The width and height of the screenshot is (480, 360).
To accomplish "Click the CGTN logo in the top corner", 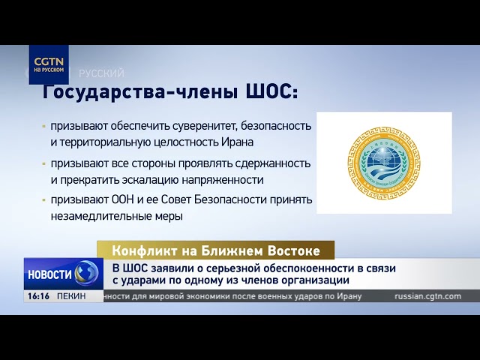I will pyautogui.click(x=49, y=64).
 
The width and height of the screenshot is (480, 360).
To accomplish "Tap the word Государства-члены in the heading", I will pyautogui.click(x=140, y=91).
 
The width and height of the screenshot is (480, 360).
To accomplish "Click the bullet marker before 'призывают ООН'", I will pyautogui.click(x=44, y=201).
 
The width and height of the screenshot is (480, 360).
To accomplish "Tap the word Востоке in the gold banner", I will pyautogui.click(x=292, y=250).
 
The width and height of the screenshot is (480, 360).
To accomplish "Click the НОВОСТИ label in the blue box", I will pyautogui.click(x=50, y=274).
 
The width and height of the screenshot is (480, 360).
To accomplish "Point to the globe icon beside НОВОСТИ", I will pyautogui.click(x=87, y=274).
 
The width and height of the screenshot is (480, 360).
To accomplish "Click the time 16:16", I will pyautogui.click(x=37, y=296).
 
